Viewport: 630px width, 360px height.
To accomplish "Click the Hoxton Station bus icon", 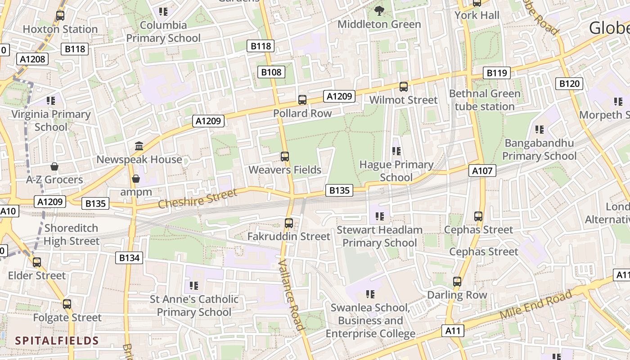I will (60, 16).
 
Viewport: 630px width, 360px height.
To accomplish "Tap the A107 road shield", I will (483, 171).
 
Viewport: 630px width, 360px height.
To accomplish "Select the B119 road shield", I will (497, 73).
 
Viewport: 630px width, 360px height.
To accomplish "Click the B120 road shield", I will (569, 83).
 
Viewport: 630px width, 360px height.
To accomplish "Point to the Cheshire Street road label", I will (198, 198).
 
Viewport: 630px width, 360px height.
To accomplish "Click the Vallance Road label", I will (292, 295).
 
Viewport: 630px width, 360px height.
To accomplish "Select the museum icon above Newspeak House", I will (139, 146).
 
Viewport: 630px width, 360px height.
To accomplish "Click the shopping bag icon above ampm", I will (136, 179).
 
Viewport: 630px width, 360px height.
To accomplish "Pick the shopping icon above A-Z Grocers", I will (54, 166).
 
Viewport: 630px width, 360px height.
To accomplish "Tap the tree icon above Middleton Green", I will (379, 10).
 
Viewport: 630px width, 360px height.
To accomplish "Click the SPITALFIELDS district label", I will (57, 340).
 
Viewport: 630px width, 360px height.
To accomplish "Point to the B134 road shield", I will (130, 258).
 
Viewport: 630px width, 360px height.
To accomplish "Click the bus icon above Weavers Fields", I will (284, 157).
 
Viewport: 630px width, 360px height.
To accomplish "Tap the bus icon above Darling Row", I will (457, 282).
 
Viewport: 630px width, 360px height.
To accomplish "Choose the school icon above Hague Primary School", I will (396, 151).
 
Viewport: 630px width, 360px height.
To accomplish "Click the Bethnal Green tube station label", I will (485, 100).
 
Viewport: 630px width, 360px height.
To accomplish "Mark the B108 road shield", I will (271, 72).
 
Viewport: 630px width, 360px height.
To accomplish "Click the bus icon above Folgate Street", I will (67, 304).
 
